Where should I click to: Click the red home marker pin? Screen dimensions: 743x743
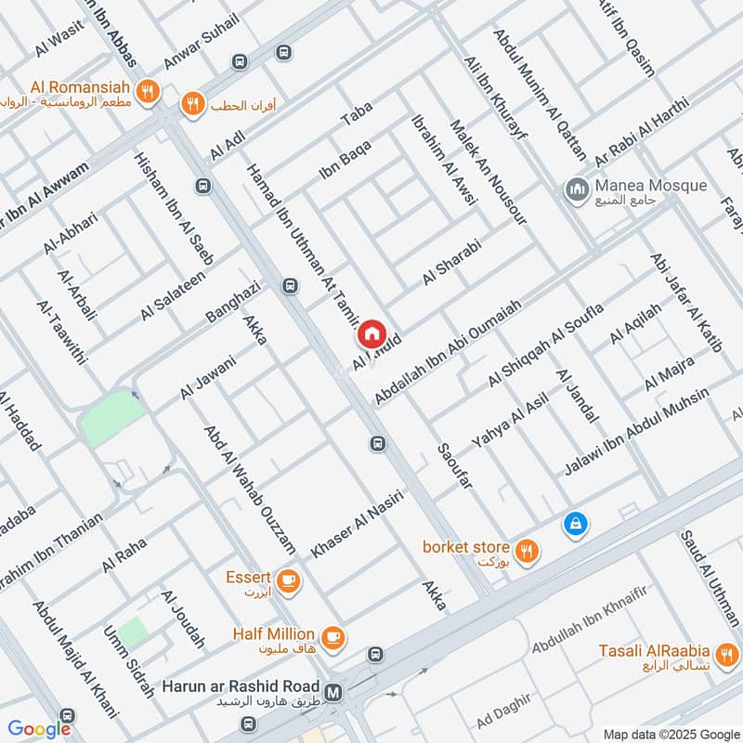pos(371,332)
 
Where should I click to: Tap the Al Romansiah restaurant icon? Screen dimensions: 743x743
pos(146,91)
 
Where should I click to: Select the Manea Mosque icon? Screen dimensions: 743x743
pos(577,191)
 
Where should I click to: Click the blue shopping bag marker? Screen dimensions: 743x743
pos(576,525)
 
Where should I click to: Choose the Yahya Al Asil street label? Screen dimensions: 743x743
pos(510,417)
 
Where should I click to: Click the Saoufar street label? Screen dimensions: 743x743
pos(454,471)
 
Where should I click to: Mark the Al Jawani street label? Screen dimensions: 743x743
pos(208,378)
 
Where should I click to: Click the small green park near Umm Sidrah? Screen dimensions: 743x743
pos(132,632)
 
